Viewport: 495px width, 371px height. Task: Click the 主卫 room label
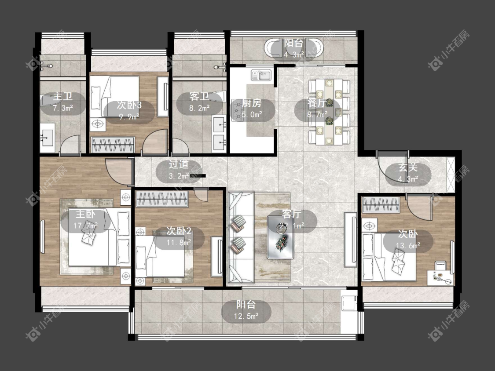pyautogui.click(x=63, y=96)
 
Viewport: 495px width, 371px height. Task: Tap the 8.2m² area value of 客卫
pyautogui.click(x=199, y=108)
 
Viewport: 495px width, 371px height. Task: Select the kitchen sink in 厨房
pyautogui.click(x=261, y=75)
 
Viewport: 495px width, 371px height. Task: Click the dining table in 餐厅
pyautogui.click(x=329, y=112)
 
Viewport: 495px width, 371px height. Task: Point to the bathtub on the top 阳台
pyautogui.click(x=293, y=49)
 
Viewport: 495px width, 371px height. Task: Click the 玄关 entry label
pyautogui.click(x=408, y=167)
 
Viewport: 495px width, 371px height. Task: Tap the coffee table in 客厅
pyautogui.click(x=281, y=237)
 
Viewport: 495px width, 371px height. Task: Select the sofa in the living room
pyautogui.click(x=241, y=237)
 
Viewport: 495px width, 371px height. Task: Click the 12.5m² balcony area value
pyautogui.click(x=246, y=316)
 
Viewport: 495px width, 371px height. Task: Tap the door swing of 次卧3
pyautogui.click(x=155, y=142)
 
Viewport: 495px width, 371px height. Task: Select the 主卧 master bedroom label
pyautogui.click(x=85, y=214)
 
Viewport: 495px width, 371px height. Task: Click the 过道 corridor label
pyautogui.click(x=179, y=164)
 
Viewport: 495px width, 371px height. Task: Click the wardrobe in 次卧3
pyautogui.click(x=113, y=145)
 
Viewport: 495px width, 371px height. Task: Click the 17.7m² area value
pyautogui.click(x=85, y=226)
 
